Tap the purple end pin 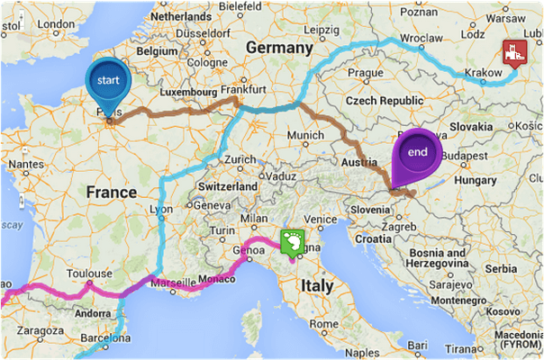click(x=417, y=152)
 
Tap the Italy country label click(x=316, y=286)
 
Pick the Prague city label click(x=367, y=73)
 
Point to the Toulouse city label click(x=88, y=273)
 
